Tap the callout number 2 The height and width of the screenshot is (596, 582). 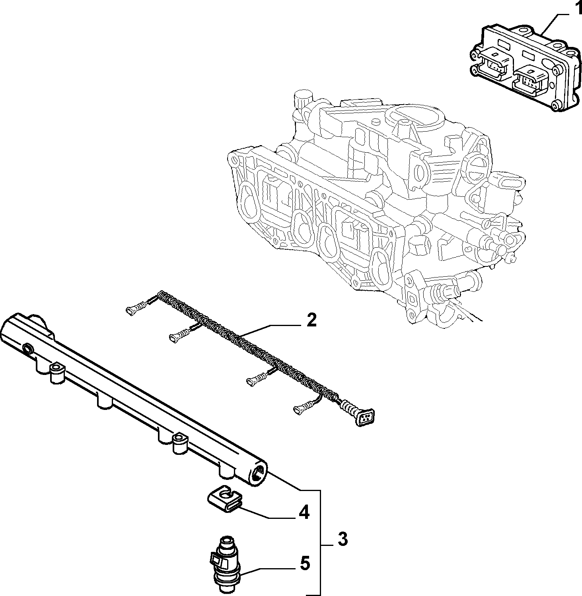click(x=311, y=320)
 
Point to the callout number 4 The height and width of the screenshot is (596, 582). click(x=304, y=513)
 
